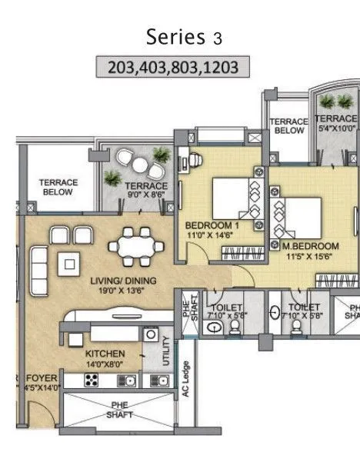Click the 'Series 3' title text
coord(179,37)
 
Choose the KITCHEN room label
coord(105,354)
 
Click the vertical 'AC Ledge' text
coord(185,379)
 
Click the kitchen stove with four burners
coord(91,380)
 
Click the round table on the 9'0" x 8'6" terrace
coord(140,162)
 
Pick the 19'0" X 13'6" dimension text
coord(118,291)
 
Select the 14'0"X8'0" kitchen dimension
coord(105,364)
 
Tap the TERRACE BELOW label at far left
coord(58,187)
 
